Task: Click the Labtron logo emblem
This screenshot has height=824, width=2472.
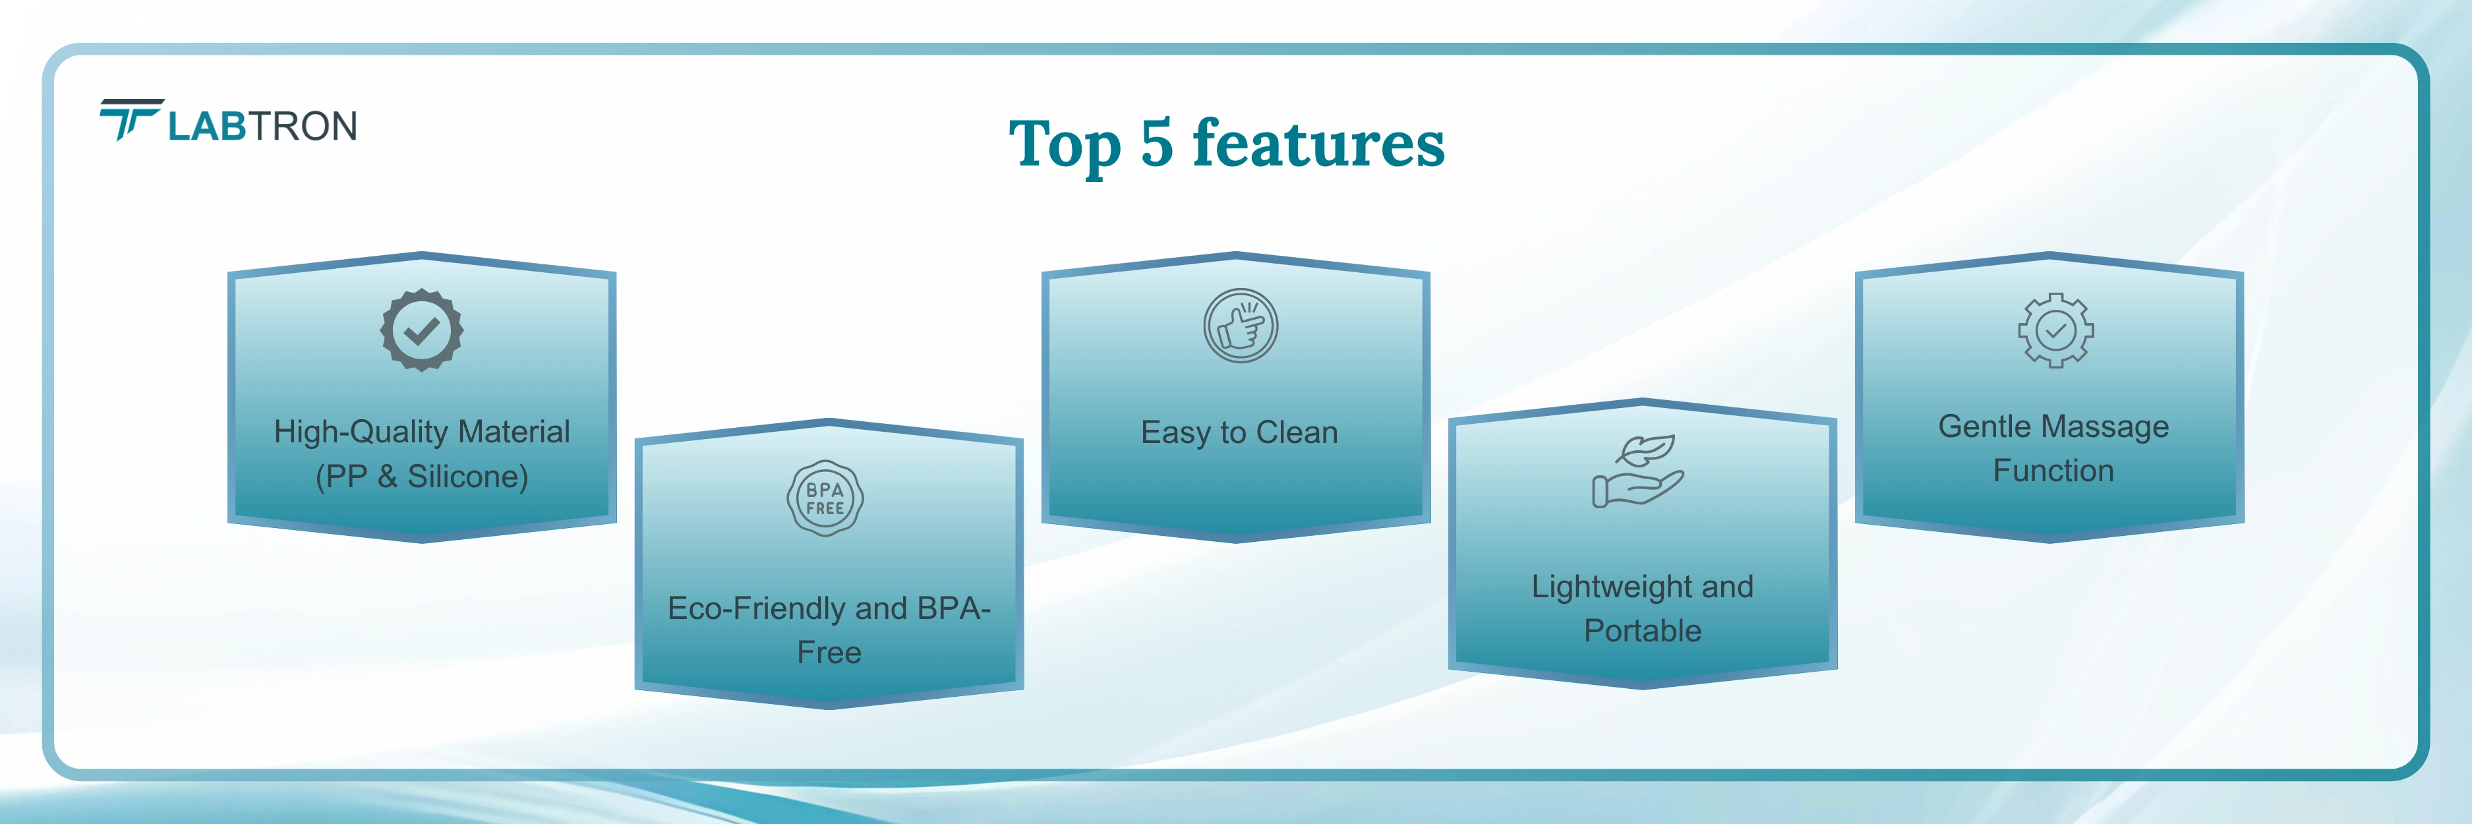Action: [x=131, y=120]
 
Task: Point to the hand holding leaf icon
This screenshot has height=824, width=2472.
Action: [x=1637, y=471]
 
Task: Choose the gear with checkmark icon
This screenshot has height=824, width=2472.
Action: [x=2055, y=331]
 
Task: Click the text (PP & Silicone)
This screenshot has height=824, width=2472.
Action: [x=423, y=477]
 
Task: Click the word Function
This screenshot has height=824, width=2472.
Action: [x=2053, y=470]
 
